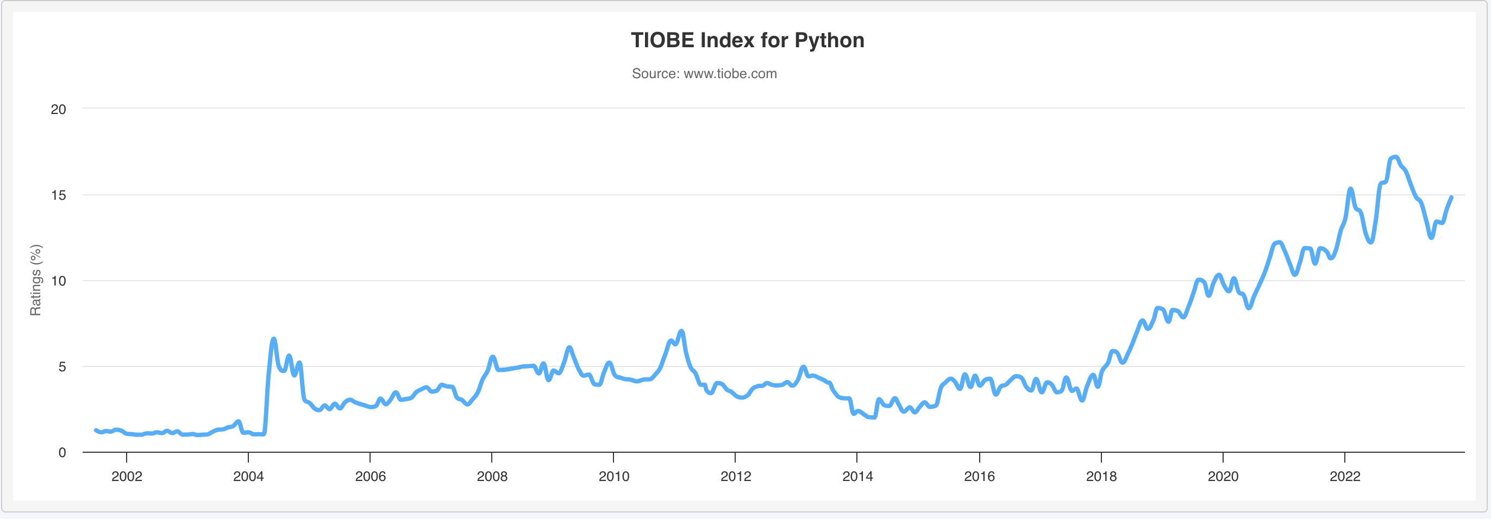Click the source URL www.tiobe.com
pyautogui.click(x=730, y=74)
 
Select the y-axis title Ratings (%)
pyautogui.click(x=36, y=280)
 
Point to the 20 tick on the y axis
pyautogui.click(x=59, y=109)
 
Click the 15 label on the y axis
pyautogui.click(x=59, y=195)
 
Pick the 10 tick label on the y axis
pyautogui.click(x=59, y=281)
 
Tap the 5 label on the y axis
pyautogui.click(x=62, y=367)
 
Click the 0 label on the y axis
pyautogui.click(x=62, y=452)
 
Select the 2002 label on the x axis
pyautogui.click(x=127, y=476)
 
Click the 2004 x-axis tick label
pyautogui.click(x=248, y=476)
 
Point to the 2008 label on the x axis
pyautogui.click(x=492, y=476)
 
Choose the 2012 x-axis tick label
pyautogui.click(x=736, y=476)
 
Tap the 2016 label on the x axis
pyautogui.click(x=979, y=476)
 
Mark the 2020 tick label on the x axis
pyautogui.click(x=1223, y=476)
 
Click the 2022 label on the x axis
pyautogui.click(x=1344, y=476)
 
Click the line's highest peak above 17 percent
pyautogui.click(x=1395, y=157)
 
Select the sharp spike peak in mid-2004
pyautogui.click(x=274, y=339)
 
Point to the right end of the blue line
pyautogui.click(x=1452, y=197)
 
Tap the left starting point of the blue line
pyautogui.click(x=96, y=430)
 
